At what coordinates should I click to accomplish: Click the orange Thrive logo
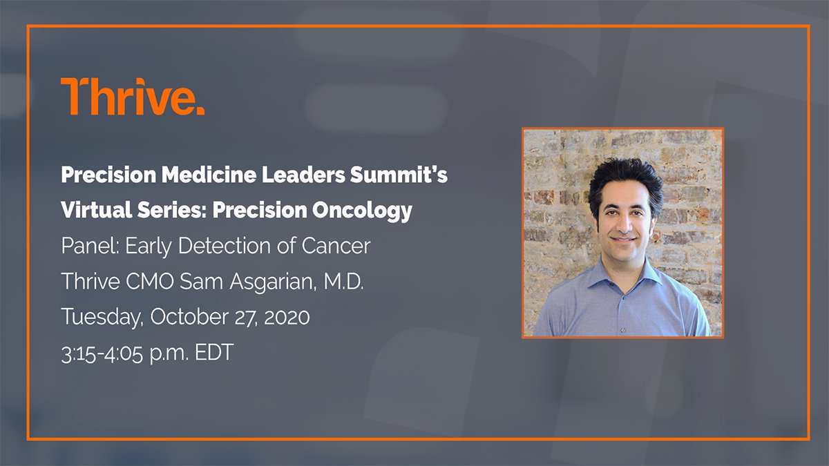click(x=133, y=97)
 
